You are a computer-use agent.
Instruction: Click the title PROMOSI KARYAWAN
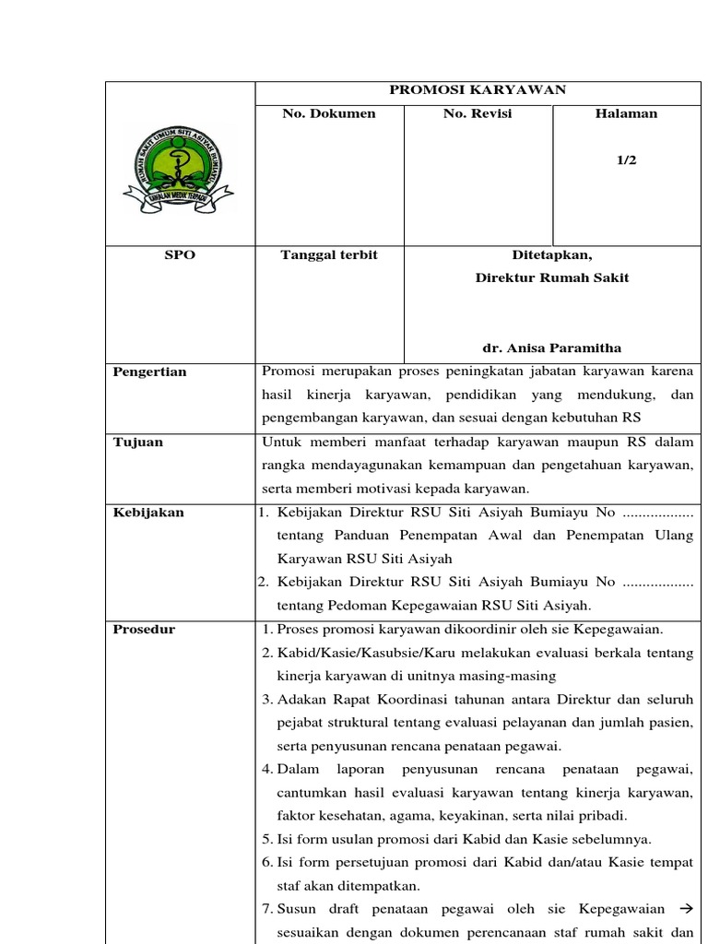(477, 89)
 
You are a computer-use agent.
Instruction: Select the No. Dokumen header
(328, 113)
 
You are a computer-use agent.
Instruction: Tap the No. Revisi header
(478, 113)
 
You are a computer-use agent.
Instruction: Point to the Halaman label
(626, 113)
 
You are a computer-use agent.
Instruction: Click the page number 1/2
(626, 159)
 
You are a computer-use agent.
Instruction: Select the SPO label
(180, 254)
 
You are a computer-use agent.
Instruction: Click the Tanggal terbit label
(328, 254)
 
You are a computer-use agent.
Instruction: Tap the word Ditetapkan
(551, 254)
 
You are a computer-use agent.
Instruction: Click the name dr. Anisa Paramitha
(551, 348)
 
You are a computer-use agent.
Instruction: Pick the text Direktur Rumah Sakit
(551, 277)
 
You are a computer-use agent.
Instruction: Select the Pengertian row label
(149, 372)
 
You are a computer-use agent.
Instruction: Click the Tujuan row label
(137, 442)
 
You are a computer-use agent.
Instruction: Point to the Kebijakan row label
(147, 512)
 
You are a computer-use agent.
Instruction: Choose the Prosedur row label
(144, 629)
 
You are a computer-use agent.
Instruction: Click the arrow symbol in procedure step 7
(684, 909)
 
